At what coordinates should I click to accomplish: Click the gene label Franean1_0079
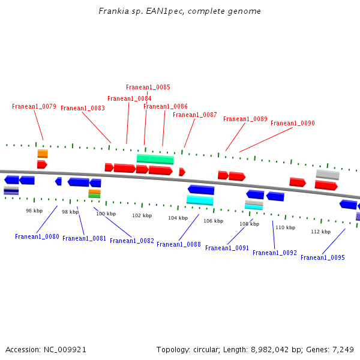tap(34, 107)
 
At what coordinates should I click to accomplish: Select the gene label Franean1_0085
tap(148, 88)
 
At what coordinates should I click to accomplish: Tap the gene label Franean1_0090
tap(292, 124)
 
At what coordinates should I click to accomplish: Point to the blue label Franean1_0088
tap(178, 245)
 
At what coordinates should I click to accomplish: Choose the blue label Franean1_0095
tap(322, 258)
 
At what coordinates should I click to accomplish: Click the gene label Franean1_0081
tap(84, 239)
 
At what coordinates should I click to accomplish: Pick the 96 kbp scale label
tap(34, 211)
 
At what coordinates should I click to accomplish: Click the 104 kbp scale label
tap(178, 218)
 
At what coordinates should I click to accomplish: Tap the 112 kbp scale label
tap(320, 232)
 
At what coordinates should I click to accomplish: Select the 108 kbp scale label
tap(249, 224)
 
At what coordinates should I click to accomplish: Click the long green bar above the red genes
tap(155, 159)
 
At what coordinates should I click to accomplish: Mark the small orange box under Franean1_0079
tap(43, 154)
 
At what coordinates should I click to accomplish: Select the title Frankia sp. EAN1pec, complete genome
tap(180, 11)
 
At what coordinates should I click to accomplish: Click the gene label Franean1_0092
tap(274, 253)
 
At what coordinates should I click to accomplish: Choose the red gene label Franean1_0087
tap(194, 115)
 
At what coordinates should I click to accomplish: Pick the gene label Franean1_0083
tap(83, 109)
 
